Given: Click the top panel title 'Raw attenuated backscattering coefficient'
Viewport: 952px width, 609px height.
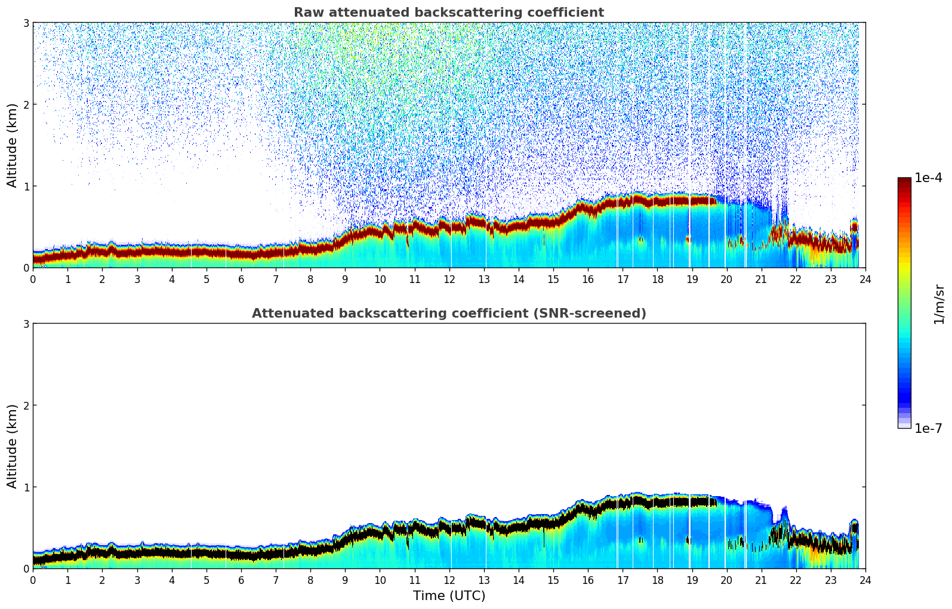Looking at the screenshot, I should coord(448,13).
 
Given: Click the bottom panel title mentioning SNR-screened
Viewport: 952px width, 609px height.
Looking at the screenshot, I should coord(448,313).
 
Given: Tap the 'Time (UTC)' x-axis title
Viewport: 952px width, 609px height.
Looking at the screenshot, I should coord(449,595).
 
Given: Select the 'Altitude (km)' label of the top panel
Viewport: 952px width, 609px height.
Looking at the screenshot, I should coord(13,145).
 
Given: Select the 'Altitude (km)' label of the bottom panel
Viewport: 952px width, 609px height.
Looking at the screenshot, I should coord(13,446).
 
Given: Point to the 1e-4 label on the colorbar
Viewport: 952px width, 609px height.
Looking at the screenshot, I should coord(928,178).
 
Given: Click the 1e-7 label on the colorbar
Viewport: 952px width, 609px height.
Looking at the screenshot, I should coord(928,428).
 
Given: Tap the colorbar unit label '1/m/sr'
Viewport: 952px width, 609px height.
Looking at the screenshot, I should coord(939,304).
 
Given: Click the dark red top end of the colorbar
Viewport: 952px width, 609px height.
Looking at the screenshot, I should coord(904,180).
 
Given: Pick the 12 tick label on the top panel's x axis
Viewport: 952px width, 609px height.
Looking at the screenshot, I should coord(449,279).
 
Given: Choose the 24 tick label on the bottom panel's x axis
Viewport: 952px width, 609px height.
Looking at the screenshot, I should coord(865,580).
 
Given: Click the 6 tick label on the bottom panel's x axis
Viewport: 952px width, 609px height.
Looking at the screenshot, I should coord(241,580).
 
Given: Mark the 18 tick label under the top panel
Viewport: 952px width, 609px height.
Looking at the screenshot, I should coord(657,279).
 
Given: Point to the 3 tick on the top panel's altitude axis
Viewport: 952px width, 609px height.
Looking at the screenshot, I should coord(26,23).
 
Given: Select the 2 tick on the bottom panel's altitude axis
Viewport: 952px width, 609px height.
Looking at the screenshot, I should coord(26,405).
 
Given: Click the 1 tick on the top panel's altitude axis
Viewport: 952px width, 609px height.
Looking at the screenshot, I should coord(26,186).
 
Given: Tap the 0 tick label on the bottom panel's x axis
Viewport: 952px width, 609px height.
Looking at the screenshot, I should coord(33,580).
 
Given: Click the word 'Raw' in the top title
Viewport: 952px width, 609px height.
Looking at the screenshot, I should coord(306,13).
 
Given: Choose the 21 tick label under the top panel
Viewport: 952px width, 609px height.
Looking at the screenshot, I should coord(761,279).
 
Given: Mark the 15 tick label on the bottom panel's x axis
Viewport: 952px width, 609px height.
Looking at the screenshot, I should coord(553,580).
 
